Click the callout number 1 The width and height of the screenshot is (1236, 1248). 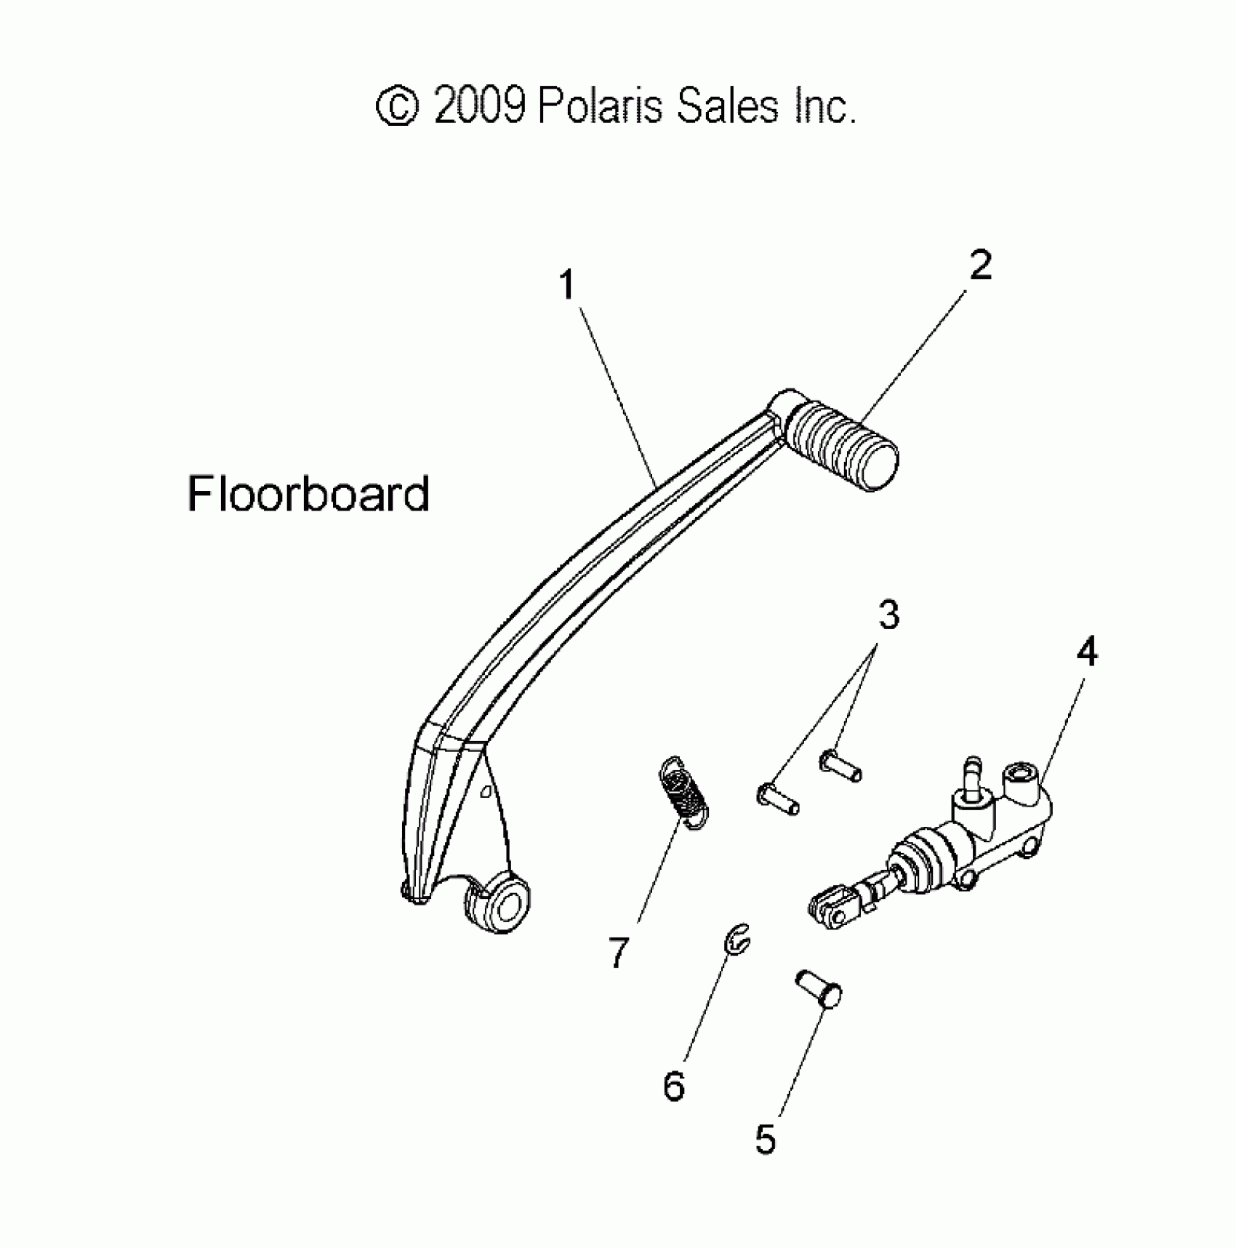click(567, 285)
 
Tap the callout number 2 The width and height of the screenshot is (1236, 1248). click(980, 266)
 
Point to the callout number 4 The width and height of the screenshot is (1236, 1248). click(1086, 652)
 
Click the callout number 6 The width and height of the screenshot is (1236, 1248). click(674, 1087)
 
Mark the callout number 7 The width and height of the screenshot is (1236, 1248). click(618, 953)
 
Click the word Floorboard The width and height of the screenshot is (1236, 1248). click(308, 495)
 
